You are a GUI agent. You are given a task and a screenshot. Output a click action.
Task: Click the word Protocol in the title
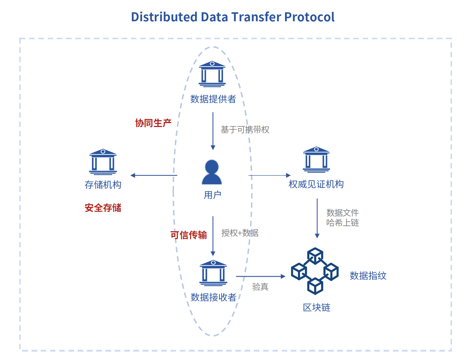point(309,17)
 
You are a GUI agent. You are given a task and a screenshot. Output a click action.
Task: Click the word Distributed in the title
point(164,17)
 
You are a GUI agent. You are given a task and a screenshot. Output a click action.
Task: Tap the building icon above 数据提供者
point(212,74)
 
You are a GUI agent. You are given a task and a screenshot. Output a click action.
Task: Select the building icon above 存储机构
point(103,162)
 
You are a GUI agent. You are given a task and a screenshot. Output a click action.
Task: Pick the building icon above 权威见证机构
point(316,160)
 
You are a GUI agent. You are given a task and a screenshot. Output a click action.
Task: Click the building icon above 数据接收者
point(213,273)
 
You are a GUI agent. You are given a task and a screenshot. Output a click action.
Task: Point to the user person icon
point(212,172)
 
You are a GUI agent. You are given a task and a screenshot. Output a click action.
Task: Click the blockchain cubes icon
point(315,271)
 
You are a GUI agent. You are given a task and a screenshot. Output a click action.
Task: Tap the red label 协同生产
point(153,123)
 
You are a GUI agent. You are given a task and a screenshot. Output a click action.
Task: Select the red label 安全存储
point(103,208)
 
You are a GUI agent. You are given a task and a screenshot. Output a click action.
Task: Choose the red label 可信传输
point(189,235)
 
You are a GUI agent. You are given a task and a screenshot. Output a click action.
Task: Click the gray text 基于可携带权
point(245,130)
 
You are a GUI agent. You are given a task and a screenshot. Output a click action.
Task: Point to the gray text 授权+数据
point(240,233)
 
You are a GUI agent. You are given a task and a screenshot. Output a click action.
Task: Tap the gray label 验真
point(260,287)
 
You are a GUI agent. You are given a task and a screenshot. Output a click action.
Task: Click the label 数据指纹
point(368,276)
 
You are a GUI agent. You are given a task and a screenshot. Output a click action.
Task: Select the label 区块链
point(317,307)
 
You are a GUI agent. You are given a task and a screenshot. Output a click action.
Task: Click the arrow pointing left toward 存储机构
point(154,175)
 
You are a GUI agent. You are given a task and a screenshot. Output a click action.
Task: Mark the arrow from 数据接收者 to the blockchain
point(261,276)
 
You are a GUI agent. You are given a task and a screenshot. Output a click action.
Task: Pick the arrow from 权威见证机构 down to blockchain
point(317,218)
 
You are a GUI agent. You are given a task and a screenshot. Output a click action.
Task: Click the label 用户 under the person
point(213,195)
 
